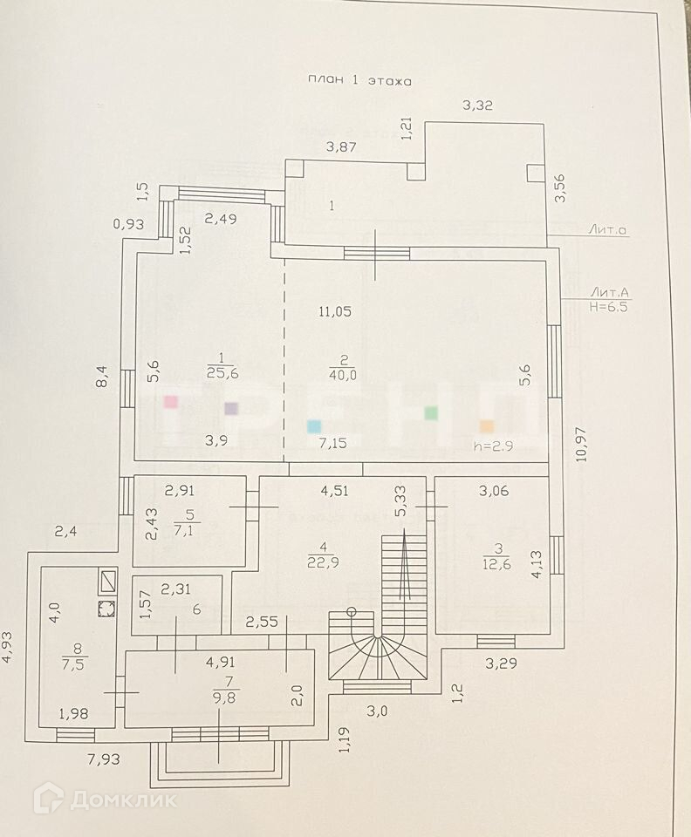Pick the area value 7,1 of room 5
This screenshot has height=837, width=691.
[181, 531]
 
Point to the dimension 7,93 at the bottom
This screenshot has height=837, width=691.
[103, 759]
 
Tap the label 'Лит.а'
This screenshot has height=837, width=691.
[608, 230]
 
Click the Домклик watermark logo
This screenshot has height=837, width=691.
[105, 799]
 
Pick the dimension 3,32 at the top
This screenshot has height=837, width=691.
[478, 105]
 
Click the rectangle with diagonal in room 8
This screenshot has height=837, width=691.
[107, 580]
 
